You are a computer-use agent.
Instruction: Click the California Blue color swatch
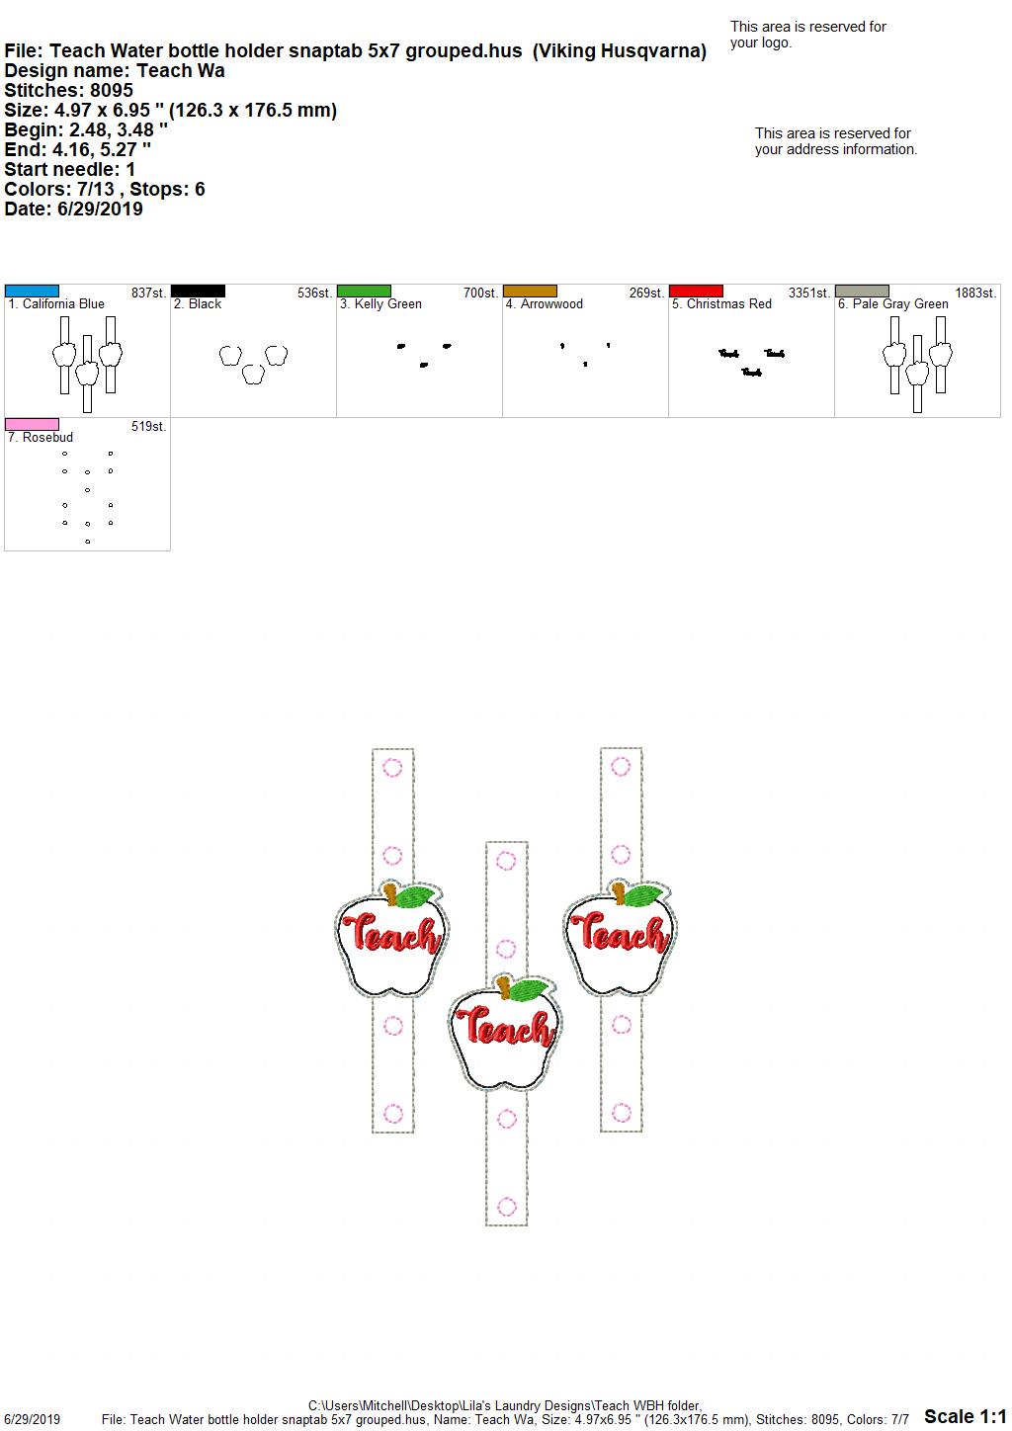tap(32, 292)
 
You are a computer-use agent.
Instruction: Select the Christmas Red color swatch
tap(697, 292)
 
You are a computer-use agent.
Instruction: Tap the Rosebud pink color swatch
tap(32, 425)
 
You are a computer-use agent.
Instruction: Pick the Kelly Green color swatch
tap(364, 292)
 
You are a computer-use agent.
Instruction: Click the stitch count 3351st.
tap(808, 294)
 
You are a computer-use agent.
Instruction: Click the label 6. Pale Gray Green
tap(892, 304)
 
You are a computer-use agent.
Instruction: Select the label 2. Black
tap(198, 304)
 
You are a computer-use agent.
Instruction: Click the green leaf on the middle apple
tap(528, 989)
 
